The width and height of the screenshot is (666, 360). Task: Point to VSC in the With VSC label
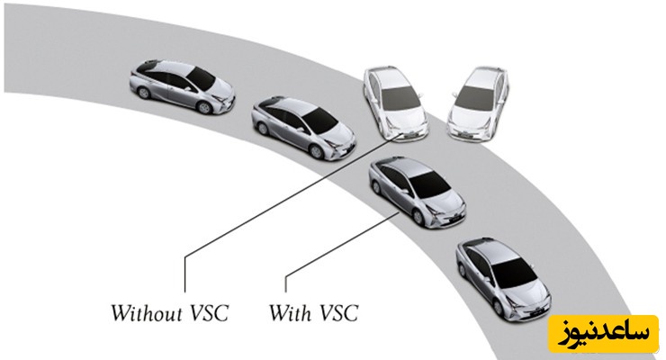click(x=338, y=314)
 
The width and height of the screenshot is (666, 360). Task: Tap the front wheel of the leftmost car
click(x=204, y=106)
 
